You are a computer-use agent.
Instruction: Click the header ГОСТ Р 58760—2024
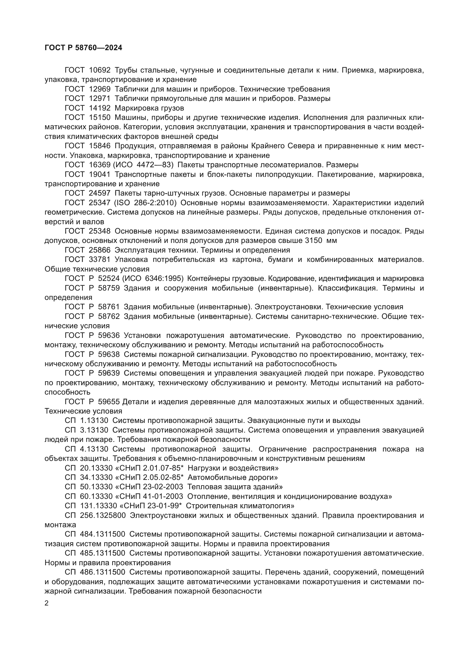pos(83,48)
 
